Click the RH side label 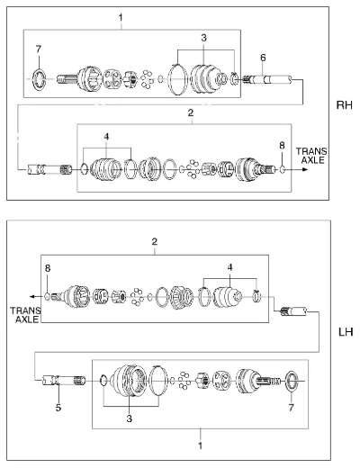(344, 105)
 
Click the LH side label (346, 332)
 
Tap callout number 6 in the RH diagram (263, 58)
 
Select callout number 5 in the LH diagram (58, 408)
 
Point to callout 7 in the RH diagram (39, 49)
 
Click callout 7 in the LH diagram (292, 408)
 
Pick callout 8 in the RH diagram (282, 146)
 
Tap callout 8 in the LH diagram (48, 268)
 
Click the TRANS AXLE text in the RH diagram (311, 156)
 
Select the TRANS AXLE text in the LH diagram (25, 315)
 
